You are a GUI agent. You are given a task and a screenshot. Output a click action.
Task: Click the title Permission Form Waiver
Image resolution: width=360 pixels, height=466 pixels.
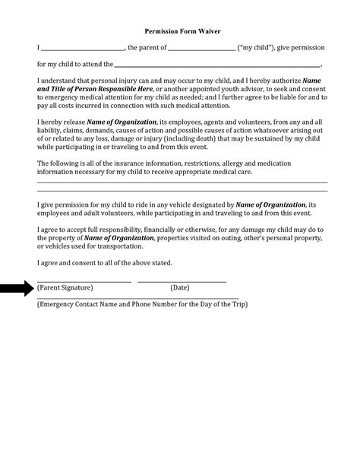pos(183,33)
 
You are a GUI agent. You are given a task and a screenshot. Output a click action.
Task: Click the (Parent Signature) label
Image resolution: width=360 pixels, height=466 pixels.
pos(65,288)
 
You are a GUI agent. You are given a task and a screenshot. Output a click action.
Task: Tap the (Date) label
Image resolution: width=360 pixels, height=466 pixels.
pos(179,288)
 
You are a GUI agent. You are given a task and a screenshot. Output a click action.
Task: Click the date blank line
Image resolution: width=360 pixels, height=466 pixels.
pos(182,282)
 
